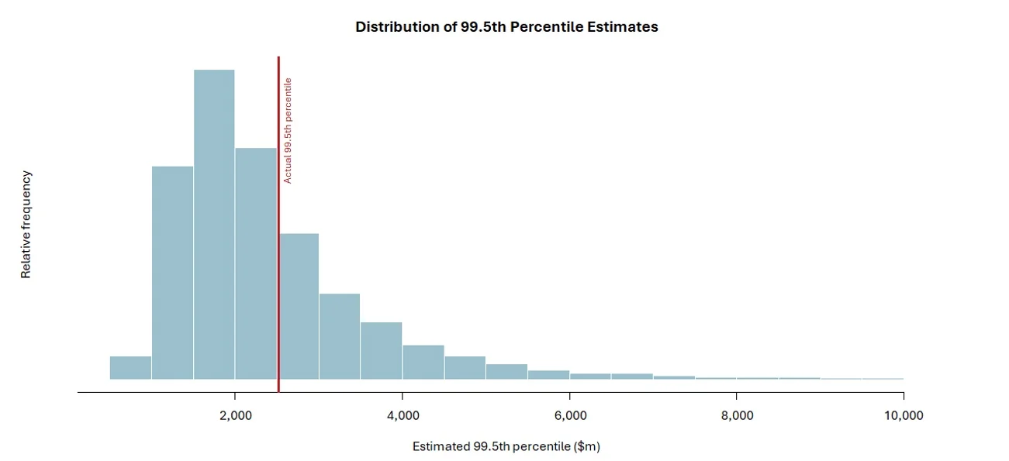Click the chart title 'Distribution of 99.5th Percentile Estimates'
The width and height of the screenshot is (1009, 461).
506,26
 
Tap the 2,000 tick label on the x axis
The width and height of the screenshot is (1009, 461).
236,415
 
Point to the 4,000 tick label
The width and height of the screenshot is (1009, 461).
403,415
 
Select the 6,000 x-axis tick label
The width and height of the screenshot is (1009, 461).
570,415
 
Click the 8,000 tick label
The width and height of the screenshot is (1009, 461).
737,415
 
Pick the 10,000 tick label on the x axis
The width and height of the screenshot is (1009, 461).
904,415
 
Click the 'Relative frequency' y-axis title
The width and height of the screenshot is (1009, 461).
26,225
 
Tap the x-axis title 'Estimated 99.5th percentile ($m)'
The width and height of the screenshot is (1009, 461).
506,446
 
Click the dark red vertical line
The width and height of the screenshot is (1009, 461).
278,232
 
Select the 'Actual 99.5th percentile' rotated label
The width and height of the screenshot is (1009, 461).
288,130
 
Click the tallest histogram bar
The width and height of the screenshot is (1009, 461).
214,225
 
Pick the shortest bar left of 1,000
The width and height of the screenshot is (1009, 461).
130,368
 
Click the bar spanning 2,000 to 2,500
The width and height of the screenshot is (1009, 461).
256,263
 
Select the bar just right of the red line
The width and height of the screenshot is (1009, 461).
299,306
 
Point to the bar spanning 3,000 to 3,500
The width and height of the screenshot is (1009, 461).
340,336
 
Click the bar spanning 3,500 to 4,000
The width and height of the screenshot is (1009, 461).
382,351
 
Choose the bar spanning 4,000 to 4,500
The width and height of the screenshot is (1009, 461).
423,363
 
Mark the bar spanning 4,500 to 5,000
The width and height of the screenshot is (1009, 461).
465,368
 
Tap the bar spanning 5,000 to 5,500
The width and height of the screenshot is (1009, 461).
507,372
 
